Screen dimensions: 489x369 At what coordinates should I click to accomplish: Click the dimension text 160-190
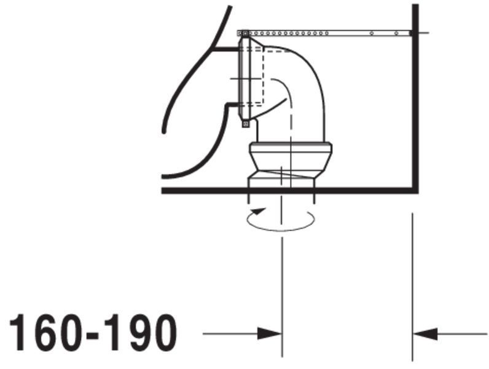point(93,333)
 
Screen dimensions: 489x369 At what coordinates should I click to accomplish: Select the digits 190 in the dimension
point(141,333)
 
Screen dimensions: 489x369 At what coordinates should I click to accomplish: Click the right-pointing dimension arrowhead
point(270,334)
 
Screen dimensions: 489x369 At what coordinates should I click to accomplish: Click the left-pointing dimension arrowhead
point(424,334)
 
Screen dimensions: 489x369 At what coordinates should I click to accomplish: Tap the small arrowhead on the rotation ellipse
point(259,212)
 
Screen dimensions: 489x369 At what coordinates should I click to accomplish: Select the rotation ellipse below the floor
point(281,231)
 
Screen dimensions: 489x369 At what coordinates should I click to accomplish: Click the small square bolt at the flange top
point(246,33)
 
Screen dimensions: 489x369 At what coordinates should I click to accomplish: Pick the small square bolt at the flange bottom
point(246,124)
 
